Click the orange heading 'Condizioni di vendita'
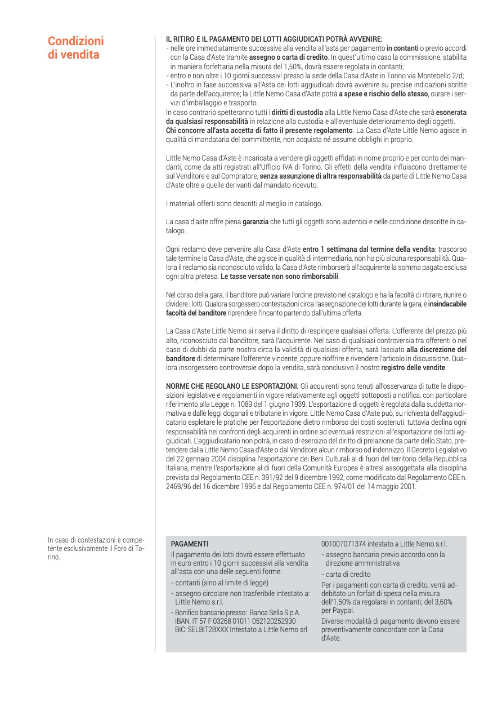click(x=75, y=48)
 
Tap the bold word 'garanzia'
click(x=256, y=223)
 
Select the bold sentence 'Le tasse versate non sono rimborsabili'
click(x=280, y=277)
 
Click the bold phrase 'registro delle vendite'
click(x=414, y=368)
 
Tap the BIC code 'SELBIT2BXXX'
click(x=209, y=629)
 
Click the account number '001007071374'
click(x=344, y=544)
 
